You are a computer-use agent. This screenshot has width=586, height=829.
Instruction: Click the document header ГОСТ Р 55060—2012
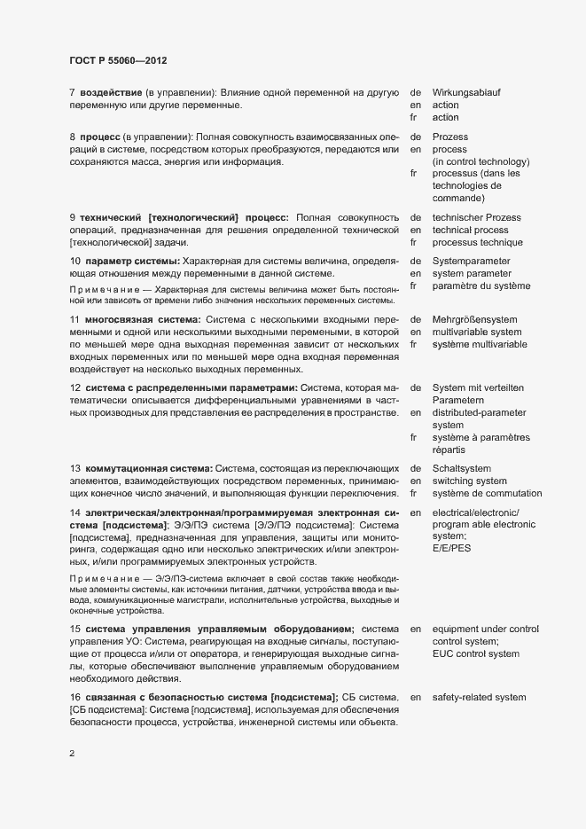pyautogui.click(x=118, y=60)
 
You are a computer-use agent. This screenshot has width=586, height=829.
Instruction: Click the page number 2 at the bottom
pyautogui.click(x=72, y=754)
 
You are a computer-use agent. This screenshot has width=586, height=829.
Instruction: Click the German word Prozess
pyautogui.click(x=450, y=137)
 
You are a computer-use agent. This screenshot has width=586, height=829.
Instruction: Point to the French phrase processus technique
pyautogui.click(x=477, y=242)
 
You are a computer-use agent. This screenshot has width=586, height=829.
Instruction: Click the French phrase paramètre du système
pyautogui.click(x=481, y=285)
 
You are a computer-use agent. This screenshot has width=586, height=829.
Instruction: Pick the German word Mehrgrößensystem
pyautogui.click(x=474, y=319)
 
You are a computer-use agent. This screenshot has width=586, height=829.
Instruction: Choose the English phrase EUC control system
pyautogui.click(x=475, y=653)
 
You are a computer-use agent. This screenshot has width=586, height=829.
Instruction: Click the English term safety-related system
pyautogui.click(x=480, y=697)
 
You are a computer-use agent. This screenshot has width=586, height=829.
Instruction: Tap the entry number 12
pyautogui.click(x=74, y=387)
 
